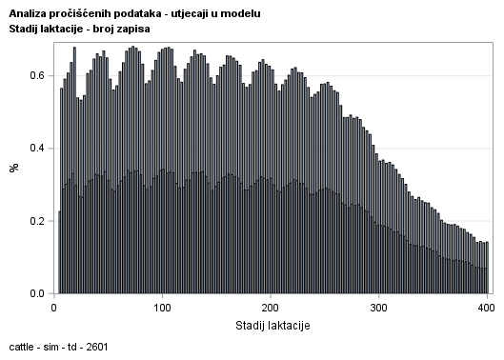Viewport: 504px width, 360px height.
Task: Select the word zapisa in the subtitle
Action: click(x=134, y=30)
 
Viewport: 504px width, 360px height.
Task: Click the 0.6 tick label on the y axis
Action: click(x=37, y=74)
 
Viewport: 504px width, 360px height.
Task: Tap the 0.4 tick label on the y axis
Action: click(x=37, y=148)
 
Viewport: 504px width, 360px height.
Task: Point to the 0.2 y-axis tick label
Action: click(x=37, y=221)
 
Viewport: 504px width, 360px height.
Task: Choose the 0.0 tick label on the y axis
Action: click(x=37, y=293)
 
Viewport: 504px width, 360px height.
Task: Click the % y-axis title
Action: click(x=14, y=168)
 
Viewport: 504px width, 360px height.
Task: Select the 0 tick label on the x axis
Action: click(x=53, y=308)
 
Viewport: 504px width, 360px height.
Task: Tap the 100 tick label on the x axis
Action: click(x=162, y=308)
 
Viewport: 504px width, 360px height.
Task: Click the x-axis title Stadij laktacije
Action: click(x=271, y=325)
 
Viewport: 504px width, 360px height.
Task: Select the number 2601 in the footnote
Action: click(x=96, y=346)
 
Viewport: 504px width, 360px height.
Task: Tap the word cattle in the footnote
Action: click(x=22, y=346)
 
